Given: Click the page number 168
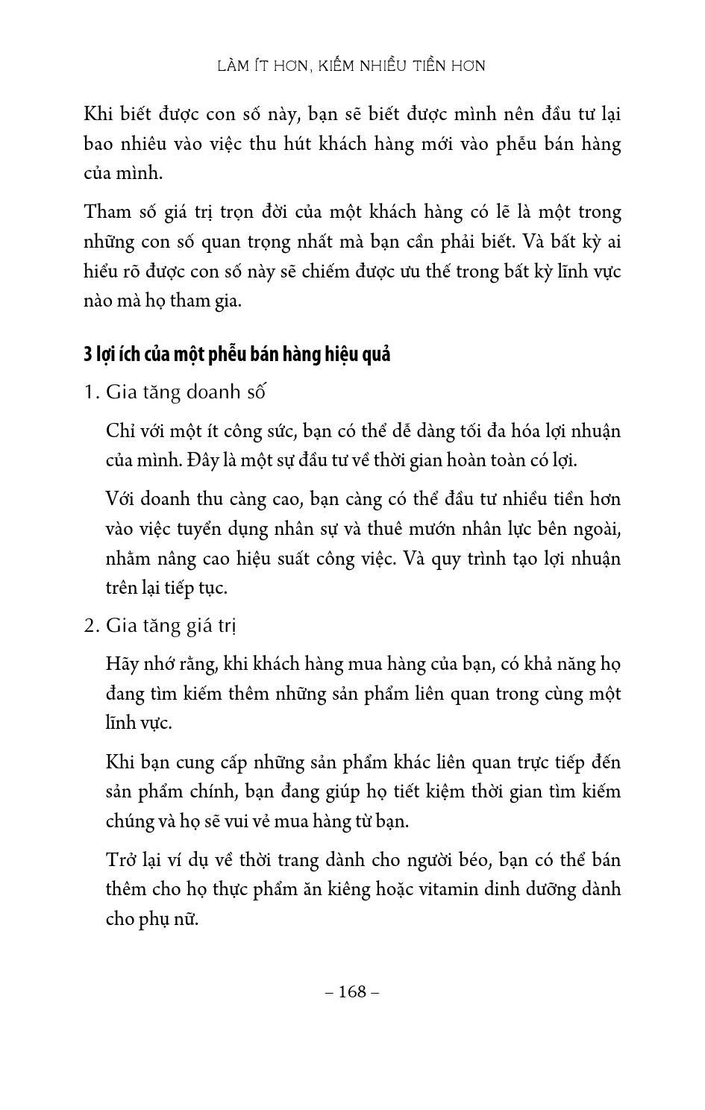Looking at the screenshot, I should (x=353, y=991).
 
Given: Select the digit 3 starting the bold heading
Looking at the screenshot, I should (x=87, y=354).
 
